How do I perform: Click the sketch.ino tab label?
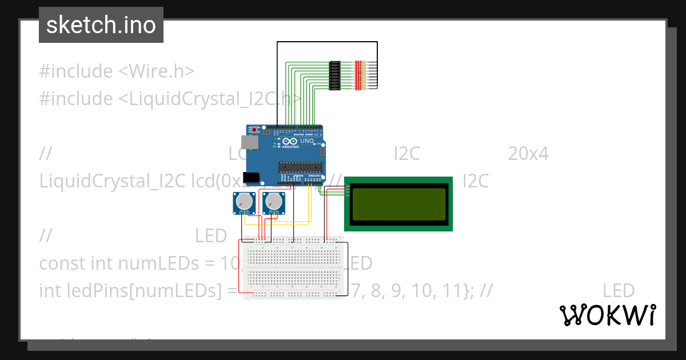[x=101, y=25]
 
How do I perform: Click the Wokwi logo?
[x=607, y=315]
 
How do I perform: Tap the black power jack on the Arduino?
[x=252, y=178]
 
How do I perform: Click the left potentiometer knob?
[x=245, y=201]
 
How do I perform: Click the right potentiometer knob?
[x=274, y=201]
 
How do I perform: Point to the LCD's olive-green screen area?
[x=399, y=204]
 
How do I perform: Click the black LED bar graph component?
[x=335, y=75]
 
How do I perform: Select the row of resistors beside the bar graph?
[x=360, y=75]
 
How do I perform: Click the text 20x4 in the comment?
[x=528, y=154]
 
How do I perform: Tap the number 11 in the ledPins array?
[x=456, y=291]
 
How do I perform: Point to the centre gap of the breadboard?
[x=294, y=267]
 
